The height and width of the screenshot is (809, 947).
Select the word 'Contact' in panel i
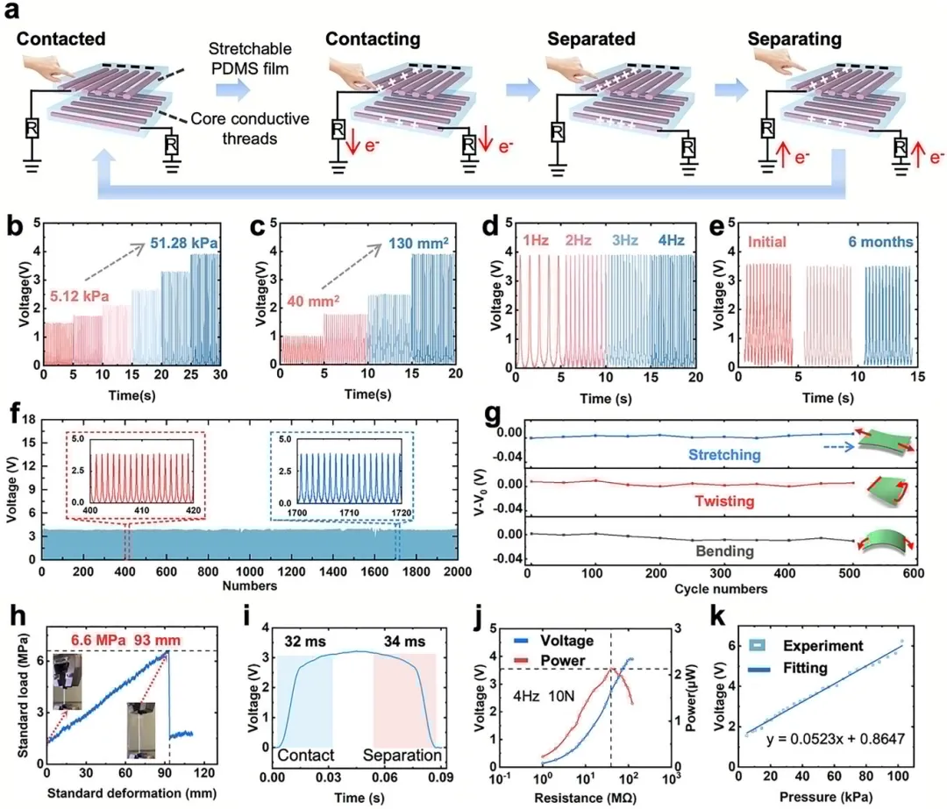(x=303, y=755)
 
